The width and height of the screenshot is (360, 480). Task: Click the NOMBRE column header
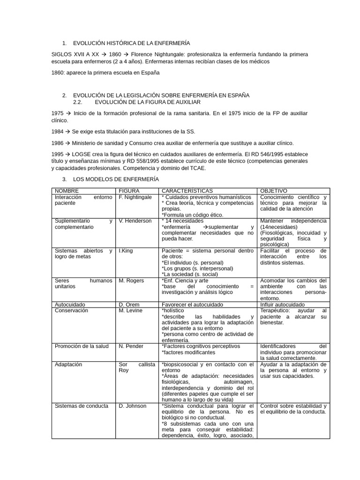(x=67, y=191)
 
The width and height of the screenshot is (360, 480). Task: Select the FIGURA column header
(x=129, y=191)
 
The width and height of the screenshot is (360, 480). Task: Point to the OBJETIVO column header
(x=274, y=191)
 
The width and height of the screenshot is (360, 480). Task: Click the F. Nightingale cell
(x=135, y=197)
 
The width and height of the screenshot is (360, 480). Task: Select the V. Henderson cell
(x=135, y=221)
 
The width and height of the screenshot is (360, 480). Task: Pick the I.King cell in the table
(x=126, y=251)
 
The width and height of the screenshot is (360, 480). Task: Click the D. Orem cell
(x=129, y=304)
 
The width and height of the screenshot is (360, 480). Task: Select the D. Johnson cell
(x=133, y=406)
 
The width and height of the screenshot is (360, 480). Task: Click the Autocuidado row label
(x=70, y=304)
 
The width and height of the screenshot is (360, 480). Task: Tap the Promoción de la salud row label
(x=82, y=346)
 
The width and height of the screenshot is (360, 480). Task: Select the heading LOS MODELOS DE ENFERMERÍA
(x=116, y=179)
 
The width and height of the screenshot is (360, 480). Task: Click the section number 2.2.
(x=78, y=102)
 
